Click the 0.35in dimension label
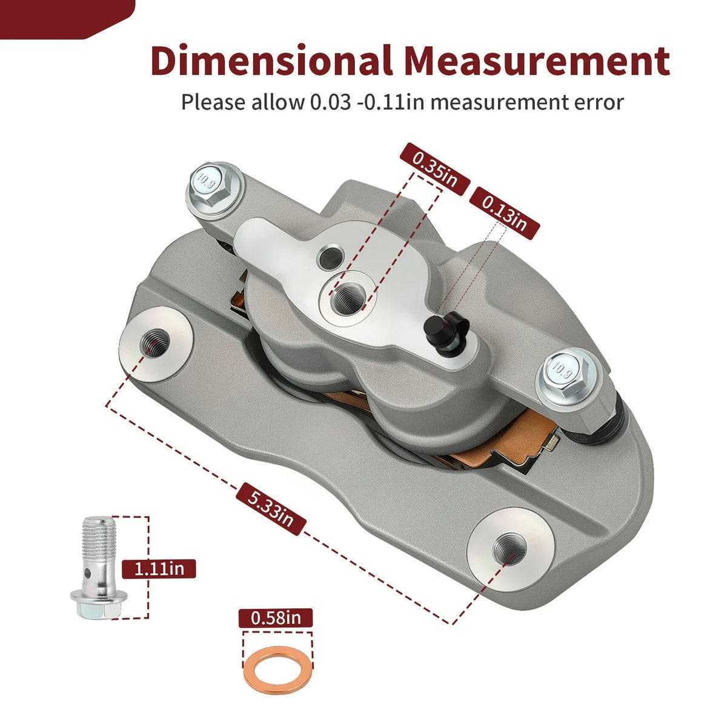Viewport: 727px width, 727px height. coord(435,169)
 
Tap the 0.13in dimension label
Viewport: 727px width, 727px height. coord(505,213)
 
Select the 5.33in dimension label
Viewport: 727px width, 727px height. coord(270,509)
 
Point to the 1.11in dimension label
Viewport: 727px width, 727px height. coord(159,568)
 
